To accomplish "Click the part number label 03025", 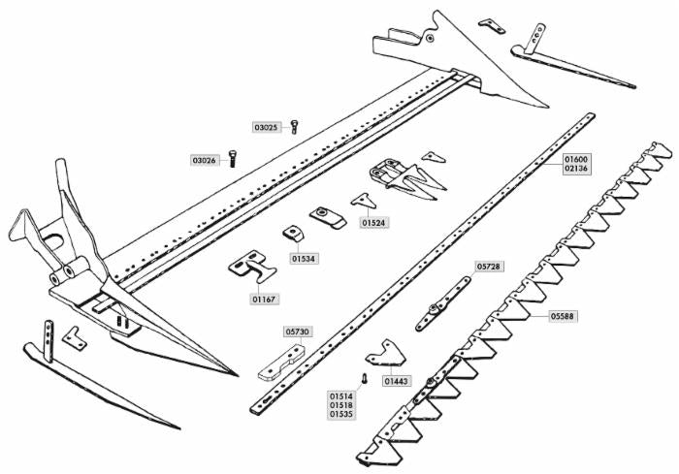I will [x=267, y=127].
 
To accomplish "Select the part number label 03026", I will [x=204, y=160].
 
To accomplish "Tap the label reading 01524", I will [x=374, y=222].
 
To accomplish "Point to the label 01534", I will [x=304, y=258].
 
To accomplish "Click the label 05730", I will [x=298, y=332].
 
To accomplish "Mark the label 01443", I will [x=396, y=381].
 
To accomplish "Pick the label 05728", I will [x=488, y=266].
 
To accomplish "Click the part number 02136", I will [x=576, y=169].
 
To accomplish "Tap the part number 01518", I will [x=340, y=405].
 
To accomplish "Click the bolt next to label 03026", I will [x=233, y=159].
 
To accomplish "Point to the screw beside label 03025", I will [x=295, y=126].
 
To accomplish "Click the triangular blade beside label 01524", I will [x=365, y=202].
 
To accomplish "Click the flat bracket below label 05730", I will [x=280, y=366].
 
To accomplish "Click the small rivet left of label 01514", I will [x=362, y=378].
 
